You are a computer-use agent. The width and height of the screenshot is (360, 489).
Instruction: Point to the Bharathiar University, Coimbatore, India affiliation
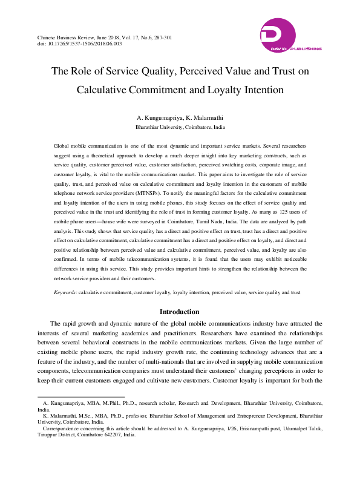[x=180, y=128]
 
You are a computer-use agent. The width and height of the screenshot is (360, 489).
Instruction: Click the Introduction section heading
[x=180, y=312]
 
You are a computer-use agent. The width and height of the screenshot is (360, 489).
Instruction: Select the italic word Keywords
[x=65, y=292]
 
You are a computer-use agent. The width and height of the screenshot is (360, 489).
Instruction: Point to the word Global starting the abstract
[x=63, y=146]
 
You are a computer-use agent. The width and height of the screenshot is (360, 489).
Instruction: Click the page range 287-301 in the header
[x=160, y=38]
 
